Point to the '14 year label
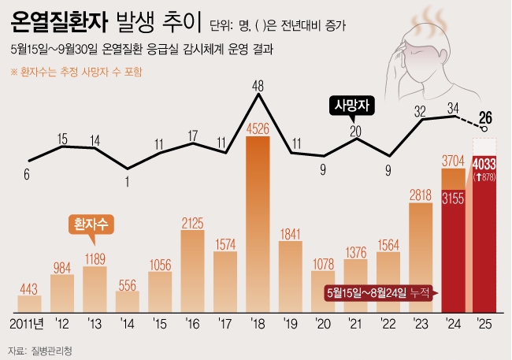(127, 325)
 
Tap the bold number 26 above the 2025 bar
(486, 118)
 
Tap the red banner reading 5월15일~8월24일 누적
(376, 292)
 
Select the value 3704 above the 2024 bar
(454, 161)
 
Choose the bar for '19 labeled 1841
(291, 276)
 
